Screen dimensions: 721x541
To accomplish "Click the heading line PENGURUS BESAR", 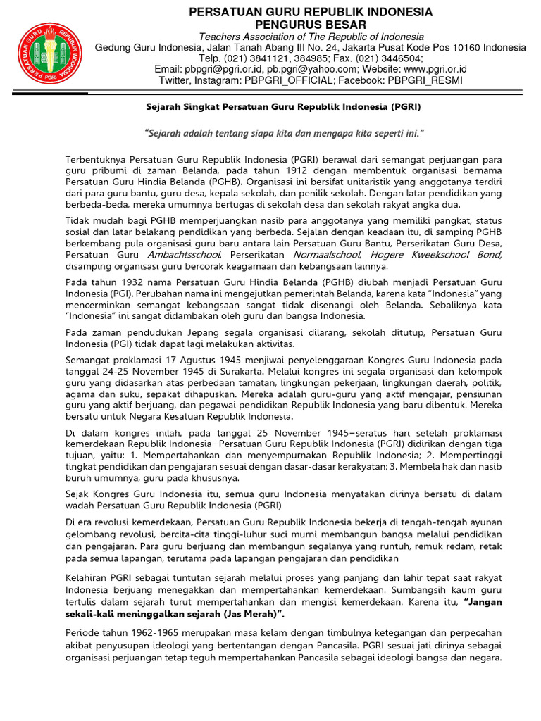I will pos(310,25).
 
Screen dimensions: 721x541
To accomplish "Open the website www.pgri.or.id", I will pos(435,69).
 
